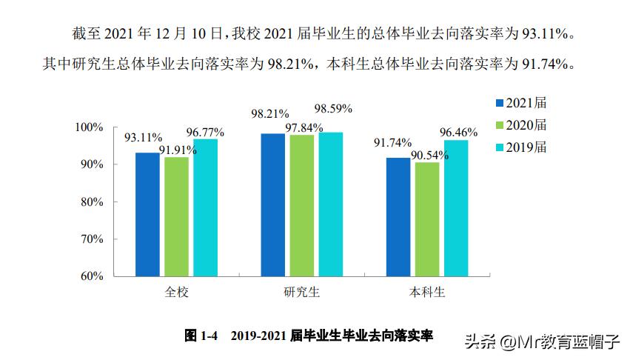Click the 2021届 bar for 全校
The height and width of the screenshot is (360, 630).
(x=147, y=214)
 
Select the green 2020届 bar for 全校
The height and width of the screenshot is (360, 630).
(x=176, y=216)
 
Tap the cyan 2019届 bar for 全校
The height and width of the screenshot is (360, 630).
(x=205, y=207)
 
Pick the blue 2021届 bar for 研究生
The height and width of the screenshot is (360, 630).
(x=272, y=204)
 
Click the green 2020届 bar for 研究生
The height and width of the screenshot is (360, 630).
(x=301, y=205)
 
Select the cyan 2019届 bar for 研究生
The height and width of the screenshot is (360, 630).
(x=330, y=204)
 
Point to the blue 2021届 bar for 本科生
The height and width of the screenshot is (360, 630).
(x=398, y=217)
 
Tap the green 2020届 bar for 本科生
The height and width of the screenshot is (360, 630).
(x=426, y=219)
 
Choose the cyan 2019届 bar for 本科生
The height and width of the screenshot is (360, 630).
(x=455, y=208)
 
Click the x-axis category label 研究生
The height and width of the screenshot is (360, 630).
(x=301, y=292)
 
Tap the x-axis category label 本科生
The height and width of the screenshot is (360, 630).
(x=427, y=292)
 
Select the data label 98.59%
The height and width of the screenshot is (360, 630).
(x=333, y=109)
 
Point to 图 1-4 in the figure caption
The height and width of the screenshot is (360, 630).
(x=201, y=336)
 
